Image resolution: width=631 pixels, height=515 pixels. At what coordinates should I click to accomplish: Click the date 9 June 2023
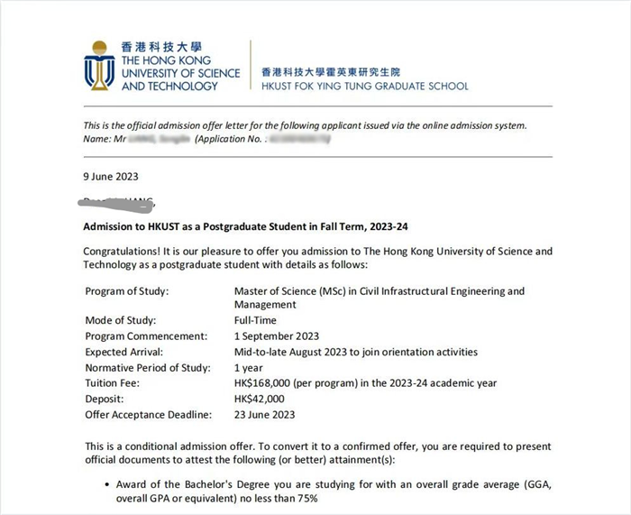tap(111, 177)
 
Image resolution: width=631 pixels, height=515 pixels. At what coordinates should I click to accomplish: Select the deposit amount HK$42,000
tap(260, 399)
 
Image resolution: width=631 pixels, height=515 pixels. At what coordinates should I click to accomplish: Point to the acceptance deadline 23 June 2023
tap(264, 414)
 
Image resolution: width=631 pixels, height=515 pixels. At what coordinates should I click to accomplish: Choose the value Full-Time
tap(255, 321)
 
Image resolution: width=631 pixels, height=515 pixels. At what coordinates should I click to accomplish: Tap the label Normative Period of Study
tap(147, 368)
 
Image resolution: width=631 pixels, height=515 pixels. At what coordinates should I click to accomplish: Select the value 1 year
tap(249, 368)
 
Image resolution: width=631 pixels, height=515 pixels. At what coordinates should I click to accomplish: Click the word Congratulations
tap(125, 251)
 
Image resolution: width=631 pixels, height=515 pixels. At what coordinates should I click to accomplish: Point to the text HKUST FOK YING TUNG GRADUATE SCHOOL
tap(364, 87)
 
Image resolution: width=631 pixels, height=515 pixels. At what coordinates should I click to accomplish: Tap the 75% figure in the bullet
tap(306, 499)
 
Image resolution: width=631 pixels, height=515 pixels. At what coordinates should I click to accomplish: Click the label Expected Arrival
tap(124, 352)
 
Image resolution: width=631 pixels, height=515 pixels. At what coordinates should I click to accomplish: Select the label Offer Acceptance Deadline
tap(148, 414)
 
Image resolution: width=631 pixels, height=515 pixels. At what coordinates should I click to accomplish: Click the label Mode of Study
tap(121, 321)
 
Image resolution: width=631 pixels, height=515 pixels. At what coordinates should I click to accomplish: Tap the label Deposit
tap(105, 399)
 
